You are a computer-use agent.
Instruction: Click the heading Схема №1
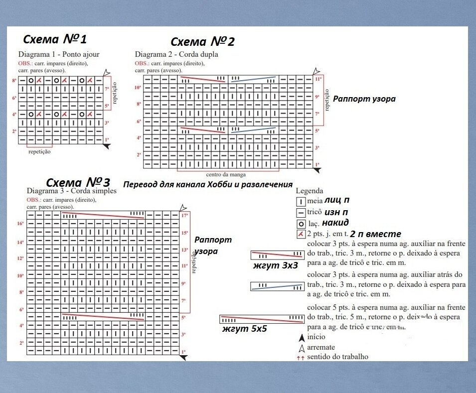[x=55, y=39]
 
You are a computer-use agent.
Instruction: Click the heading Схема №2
[x=202, y=42]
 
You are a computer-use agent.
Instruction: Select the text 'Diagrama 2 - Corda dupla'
[x=176, y=54]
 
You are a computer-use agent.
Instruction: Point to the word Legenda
[x=310, y=191]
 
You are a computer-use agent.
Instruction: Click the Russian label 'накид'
[x=335, y=222]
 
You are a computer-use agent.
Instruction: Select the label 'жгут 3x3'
[x=275, y=265]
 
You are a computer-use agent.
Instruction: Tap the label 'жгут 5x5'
[x=245, y=329]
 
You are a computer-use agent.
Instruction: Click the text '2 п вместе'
[x=375, y=234]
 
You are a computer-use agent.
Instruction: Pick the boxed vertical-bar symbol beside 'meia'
[x=301, y=202]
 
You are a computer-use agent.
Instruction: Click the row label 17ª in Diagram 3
[x=184, y=216]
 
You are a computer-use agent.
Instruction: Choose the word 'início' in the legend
[x=317, y=337]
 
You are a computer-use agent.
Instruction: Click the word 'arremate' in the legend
[x=321, y=347]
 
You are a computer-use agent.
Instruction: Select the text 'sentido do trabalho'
[x=337, y=357]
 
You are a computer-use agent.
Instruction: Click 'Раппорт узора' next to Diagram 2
[x=364, y=99]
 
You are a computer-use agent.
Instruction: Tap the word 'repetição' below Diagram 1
[x=39, y=151]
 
